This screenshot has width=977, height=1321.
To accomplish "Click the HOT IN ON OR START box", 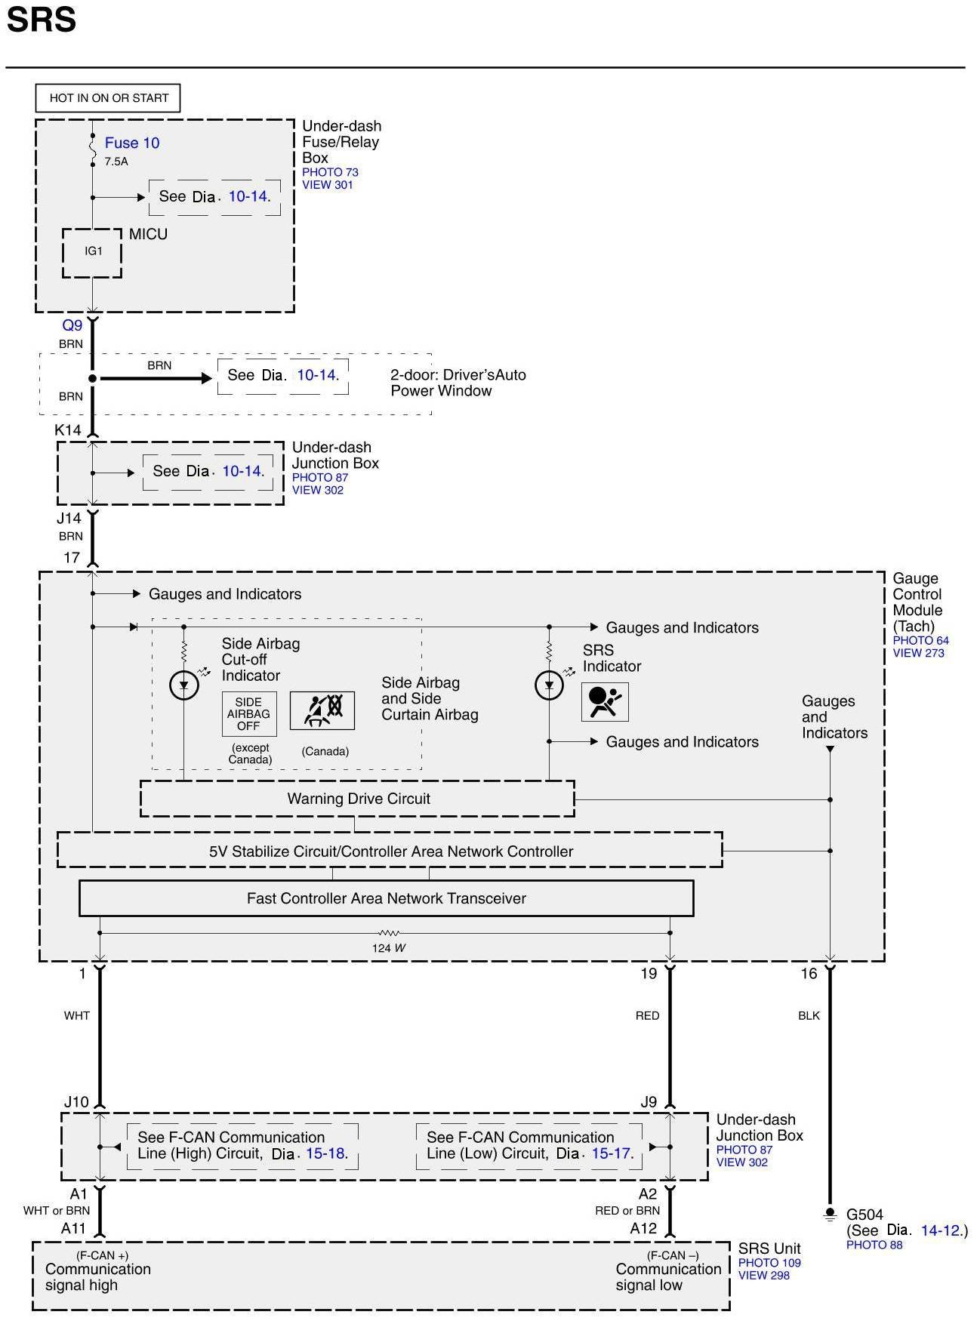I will pyautogui.click(x=108, y=98).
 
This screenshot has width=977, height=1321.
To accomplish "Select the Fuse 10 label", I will pyautogui.click(x=132, y=143).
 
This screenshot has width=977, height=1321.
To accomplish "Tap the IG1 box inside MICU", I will pyautogui.click(x=92, y=252).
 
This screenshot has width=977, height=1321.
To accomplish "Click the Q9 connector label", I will pyautogui.click(x=72, y=325).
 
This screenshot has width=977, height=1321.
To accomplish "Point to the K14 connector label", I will pyautogui.click(x=68, y=430).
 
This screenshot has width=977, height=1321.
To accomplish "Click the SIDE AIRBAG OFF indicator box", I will pyautogui.click(x=248, y=714).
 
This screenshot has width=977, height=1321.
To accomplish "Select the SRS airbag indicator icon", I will pyautogui.click(x=605, y=702).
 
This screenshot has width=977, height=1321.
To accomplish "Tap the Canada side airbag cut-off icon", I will pyautogui.click(x=322, y=710).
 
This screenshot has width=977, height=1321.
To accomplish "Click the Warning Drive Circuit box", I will pyautogui.click(x=358, y=799).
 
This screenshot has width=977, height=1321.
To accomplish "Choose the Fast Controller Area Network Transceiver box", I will pyautogui.click(x=386, y=898).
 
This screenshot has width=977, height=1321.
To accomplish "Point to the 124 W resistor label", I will pyautogui.click(x=389, y=948).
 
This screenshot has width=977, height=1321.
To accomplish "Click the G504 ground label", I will pyautogui.click(x=865, y=1215).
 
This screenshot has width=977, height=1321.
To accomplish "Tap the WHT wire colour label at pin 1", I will pyautogui.click(x=77, y=1016).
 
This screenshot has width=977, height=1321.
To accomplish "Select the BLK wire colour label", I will pyautogui.click(x=809, y=1016).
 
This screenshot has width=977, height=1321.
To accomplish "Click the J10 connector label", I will pyautogui.click(x=76, y=1102).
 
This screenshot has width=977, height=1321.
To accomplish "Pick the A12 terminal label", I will pyautogui.click(x=643, y=1229).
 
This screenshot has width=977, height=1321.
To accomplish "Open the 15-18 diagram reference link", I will pyautogui.click(x=325, y=1154).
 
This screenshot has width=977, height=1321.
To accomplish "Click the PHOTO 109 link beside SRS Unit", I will pyautogui.click(x=769, y=1263).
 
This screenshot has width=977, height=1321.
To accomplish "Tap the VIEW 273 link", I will pyautogui.click(x=918, y=654).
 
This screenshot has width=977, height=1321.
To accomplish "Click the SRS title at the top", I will pyautogui.click(x=42, y=20).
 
